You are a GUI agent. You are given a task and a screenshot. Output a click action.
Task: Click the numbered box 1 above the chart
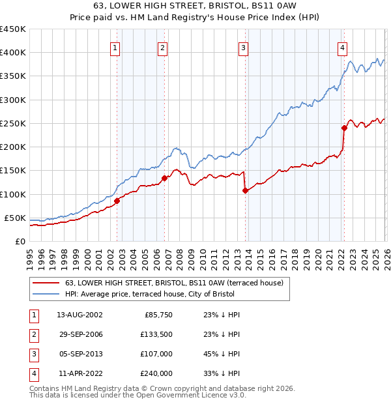coord(115,47)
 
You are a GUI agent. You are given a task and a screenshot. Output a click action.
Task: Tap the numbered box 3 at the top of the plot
coord(242,47)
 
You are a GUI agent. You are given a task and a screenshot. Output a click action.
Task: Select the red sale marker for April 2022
coord(344,128)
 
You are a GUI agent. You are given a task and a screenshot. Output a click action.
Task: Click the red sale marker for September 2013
coord(245,190)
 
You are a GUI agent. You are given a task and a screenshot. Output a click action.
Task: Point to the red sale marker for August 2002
coord(117,201)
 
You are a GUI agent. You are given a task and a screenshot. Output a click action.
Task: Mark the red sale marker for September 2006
coord(164,178)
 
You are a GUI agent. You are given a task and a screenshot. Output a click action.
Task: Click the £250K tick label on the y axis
coord(12,123)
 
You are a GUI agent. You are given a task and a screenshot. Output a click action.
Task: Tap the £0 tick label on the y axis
coord(20,241)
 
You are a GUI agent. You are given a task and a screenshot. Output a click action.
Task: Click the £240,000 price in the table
coord(156,373)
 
